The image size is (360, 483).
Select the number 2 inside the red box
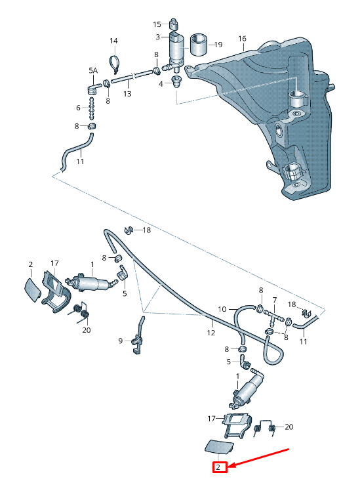click(x=218, y=467)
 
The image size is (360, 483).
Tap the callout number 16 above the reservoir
click(x=242, y=39)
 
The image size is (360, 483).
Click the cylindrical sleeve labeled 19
click(x=199, y=45)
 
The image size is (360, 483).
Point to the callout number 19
click(x=218, y=45)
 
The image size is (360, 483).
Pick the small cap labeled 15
click(x=174, y=24)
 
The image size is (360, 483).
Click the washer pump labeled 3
click(x=176, y=51)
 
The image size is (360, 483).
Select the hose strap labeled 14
click(x=115, y=64)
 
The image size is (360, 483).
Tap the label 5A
click(x=93, y=70)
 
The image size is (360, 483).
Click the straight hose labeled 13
click(x=132, y=76)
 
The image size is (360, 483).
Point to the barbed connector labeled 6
click(x=91, y=109)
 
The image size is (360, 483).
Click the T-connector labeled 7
click(x=273, y=317)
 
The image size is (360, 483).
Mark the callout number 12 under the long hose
click(x=211, y=333)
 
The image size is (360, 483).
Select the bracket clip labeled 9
click(x=138, y=337)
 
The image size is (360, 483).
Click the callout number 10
click(x=222, y=309)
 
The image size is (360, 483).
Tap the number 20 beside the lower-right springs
click(x=289, y=427)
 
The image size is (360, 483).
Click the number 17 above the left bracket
click(x=54, y=263)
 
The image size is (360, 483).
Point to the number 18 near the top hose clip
click(x=146, y=230)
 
